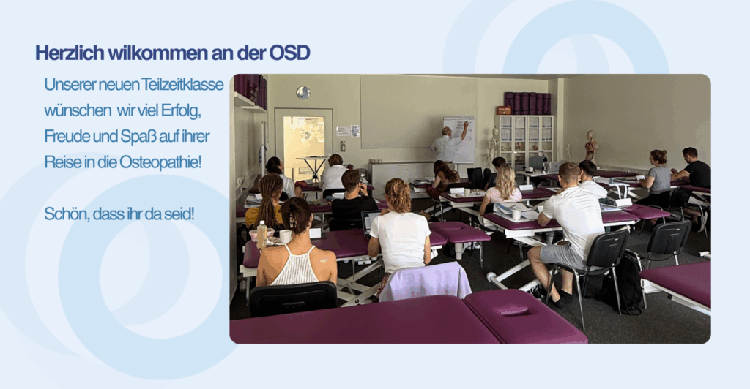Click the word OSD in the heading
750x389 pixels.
coord(289,53)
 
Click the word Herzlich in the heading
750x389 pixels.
coord(70,53)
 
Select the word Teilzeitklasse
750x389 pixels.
coord(182,85)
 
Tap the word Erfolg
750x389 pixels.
coord(181,110)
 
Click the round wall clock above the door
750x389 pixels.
coord(303,93)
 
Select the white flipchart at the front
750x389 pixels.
coord(460,138)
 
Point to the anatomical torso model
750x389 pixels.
coord(591,146)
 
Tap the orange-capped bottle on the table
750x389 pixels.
coord(261,235)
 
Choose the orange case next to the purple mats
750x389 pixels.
coord(504,110)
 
